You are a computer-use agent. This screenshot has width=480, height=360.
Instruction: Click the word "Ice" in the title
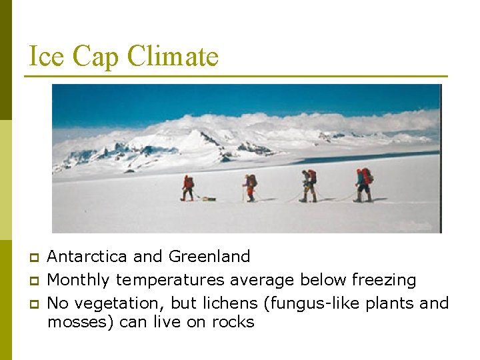[47, 57]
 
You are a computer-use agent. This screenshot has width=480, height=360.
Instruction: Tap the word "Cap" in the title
[96, 57]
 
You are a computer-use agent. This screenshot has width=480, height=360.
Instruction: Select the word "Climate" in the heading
[173, 57]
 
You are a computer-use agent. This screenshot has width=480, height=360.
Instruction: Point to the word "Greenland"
[209, 257]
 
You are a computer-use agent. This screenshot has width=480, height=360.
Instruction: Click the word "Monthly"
[79, 280]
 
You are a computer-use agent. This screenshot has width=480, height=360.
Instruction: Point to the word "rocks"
[233, 323]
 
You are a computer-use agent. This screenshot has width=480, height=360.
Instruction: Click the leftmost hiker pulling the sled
[188, 187]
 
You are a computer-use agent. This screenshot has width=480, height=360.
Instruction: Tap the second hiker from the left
[250, 187]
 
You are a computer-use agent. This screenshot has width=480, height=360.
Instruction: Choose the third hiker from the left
[308, 185]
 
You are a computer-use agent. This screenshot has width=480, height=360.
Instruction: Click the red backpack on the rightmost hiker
[367, 176]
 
